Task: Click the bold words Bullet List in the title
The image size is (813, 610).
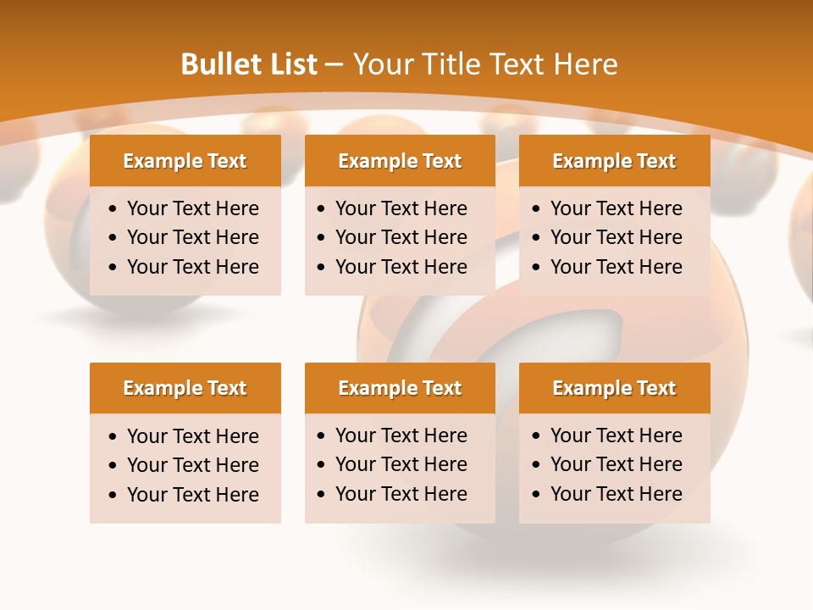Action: click(249, 64)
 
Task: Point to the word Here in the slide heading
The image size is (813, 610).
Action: click(585, 64)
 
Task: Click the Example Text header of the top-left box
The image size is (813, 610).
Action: click(185, 161)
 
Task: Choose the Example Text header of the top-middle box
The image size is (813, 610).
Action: click(400, 161)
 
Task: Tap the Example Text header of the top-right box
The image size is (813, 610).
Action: click(614, 161)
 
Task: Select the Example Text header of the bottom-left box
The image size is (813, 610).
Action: click(185, 388)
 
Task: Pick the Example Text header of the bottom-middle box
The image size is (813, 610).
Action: click(400, 388)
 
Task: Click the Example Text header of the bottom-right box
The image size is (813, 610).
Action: click(614, 388)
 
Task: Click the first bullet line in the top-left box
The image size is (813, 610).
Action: click(193, 208)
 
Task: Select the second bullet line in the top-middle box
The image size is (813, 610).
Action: click(401, 237)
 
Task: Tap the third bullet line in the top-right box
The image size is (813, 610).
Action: click(617, 267)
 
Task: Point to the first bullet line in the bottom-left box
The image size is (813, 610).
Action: click(193, 436)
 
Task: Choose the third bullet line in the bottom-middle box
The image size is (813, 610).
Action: click(401, 494)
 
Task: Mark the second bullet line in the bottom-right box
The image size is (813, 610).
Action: click(617, 464)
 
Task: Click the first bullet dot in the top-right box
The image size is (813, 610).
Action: click(537, 209)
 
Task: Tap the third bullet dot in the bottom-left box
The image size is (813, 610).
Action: click(113, 496)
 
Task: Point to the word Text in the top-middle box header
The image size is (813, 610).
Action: click(441, 161)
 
